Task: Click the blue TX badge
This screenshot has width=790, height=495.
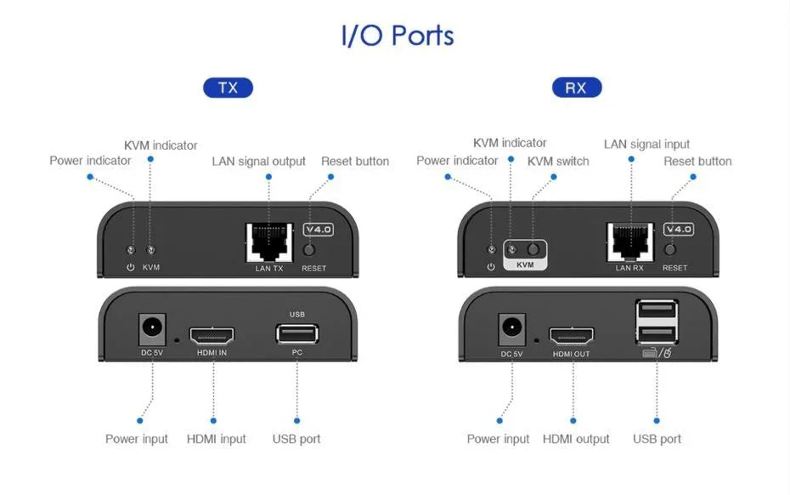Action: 228,88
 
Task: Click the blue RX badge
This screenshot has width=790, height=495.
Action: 576,88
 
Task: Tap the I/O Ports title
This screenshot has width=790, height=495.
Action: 398,36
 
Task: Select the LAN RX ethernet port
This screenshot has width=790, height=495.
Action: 629,242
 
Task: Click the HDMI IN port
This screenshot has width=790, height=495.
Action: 212,333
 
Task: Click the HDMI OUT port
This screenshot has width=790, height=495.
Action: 572,334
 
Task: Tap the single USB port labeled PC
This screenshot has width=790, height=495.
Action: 296,333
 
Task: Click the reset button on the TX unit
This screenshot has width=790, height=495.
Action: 311,250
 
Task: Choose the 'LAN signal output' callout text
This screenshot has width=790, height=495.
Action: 258,162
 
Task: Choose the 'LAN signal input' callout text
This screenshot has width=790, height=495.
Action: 646,144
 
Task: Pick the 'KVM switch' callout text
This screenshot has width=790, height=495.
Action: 558,161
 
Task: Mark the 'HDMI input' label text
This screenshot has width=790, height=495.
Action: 216,439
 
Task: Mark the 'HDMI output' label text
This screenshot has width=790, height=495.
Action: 576,439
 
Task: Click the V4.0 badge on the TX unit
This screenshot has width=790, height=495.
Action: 319,229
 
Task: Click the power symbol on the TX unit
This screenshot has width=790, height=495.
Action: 130,268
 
